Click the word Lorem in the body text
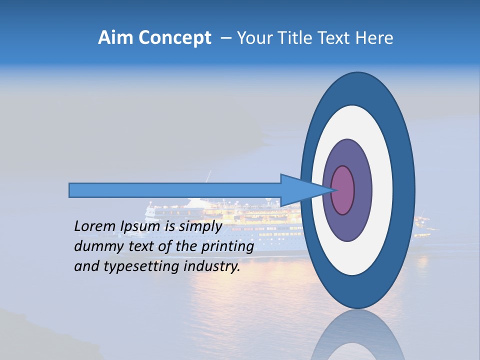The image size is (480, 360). pyautogui.click(x=95, y=226)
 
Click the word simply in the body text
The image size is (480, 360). pyautogui.click(x=199, y=226)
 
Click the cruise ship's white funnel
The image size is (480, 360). pyautogui.click(x=195, y=202)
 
